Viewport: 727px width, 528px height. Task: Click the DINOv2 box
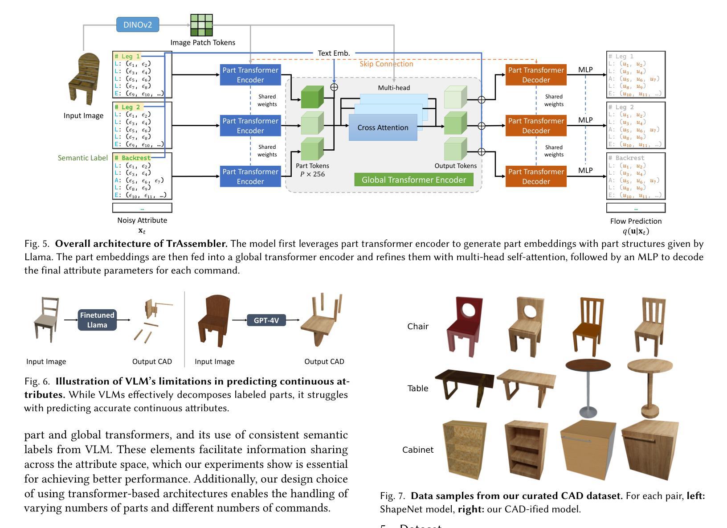tap(138, 25)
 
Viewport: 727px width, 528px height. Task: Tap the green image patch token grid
tap(201, 25)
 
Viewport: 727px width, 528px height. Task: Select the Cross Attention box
tap(383, 127)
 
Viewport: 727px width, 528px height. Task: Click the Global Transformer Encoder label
tap(413, 180)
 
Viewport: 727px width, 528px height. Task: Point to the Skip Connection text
tap(386, 64)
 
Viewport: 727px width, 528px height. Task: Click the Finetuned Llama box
tap(97, 320)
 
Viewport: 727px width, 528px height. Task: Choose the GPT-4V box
tap(266, 320)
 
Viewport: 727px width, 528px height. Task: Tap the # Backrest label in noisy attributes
tap(132, 158)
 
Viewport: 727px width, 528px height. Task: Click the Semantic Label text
tap(83, 158)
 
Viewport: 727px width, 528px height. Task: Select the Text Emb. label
tap(334, 53)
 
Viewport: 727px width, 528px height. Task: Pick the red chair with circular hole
tap(465, 326)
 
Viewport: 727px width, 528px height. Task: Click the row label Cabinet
tap(417, 450)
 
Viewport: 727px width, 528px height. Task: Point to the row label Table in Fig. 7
tap(417, 388)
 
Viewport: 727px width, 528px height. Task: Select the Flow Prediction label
tap(636, 221)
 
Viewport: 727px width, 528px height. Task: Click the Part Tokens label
tap(312, 166)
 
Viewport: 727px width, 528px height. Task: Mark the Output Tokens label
tap(455, 166)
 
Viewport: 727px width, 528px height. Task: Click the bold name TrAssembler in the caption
tap(197, 244)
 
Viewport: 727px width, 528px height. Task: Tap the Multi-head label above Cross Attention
tap(394, 88)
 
